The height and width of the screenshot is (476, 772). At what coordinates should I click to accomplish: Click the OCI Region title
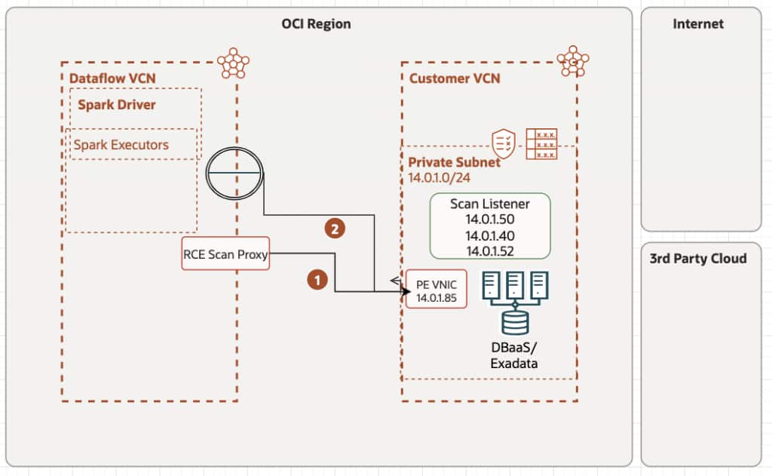[x=316, y=24]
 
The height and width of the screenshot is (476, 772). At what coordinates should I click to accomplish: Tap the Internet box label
[x=698, y=24]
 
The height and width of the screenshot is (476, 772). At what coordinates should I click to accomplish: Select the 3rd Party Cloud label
[x=698, y=259]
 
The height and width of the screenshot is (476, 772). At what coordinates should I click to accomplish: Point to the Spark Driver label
[x=117, y=104]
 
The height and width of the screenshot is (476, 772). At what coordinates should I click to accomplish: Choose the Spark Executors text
[x=121, y=144]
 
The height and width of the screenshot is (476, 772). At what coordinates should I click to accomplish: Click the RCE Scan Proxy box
[x=225, y=255]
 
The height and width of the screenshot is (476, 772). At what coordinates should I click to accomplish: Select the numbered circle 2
[x=335, y=228]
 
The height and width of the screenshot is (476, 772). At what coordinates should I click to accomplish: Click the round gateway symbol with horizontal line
[x=234, y=174]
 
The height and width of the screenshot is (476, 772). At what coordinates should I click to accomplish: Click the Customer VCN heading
[x=455, y=78]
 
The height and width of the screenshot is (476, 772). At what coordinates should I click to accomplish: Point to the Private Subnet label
[x=454, y=162]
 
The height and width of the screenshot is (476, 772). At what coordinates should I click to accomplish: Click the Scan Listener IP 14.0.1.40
[x=490, y=235]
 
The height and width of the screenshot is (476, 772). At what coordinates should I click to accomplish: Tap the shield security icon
[x=504, y=143]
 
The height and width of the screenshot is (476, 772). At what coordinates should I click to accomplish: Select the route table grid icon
[x=541, y=143]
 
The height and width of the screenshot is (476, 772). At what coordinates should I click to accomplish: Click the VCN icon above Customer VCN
[x=573, y=62]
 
